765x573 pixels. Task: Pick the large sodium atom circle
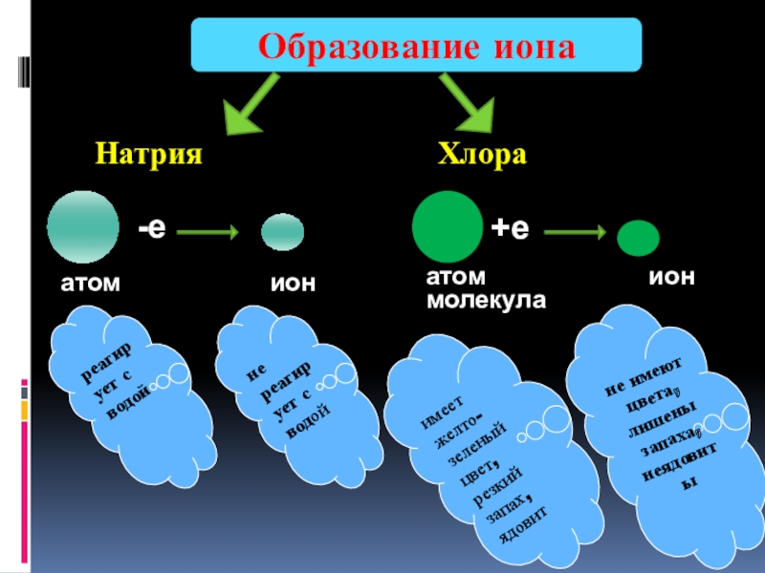point(83,226)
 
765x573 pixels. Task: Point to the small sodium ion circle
point(283,231)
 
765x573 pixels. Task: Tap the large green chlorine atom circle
point(448,226)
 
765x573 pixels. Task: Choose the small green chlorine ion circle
point(637,237)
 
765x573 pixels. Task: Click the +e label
point(510,228)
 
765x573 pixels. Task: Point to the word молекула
point(485,300)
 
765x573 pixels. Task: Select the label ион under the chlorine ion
point(671,276)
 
